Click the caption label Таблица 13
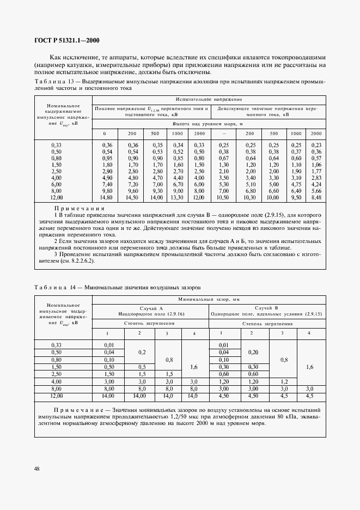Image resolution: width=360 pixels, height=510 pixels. (x=52, y=81)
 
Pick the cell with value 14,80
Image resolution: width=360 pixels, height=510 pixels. (x=107, y=197)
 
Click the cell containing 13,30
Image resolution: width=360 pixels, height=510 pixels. (x=178, y=197)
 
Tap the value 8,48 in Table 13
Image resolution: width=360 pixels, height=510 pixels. (x=316, y=197)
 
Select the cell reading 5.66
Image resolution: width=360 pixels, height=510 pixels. (x=316, y=191)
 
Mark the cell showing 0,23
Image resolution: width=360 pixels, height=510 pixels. (x=316, y=144)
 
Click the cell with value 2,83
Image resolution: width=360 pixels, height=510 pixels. (x=316, y=178)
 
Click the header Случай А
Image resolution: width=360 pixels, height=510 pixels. (x=150, y=308)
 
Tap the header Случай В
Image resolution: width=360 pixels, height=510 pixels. (x=267, y=308)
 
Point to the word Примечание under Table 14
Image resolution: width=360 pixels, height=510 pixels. (x=76, y=409)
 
